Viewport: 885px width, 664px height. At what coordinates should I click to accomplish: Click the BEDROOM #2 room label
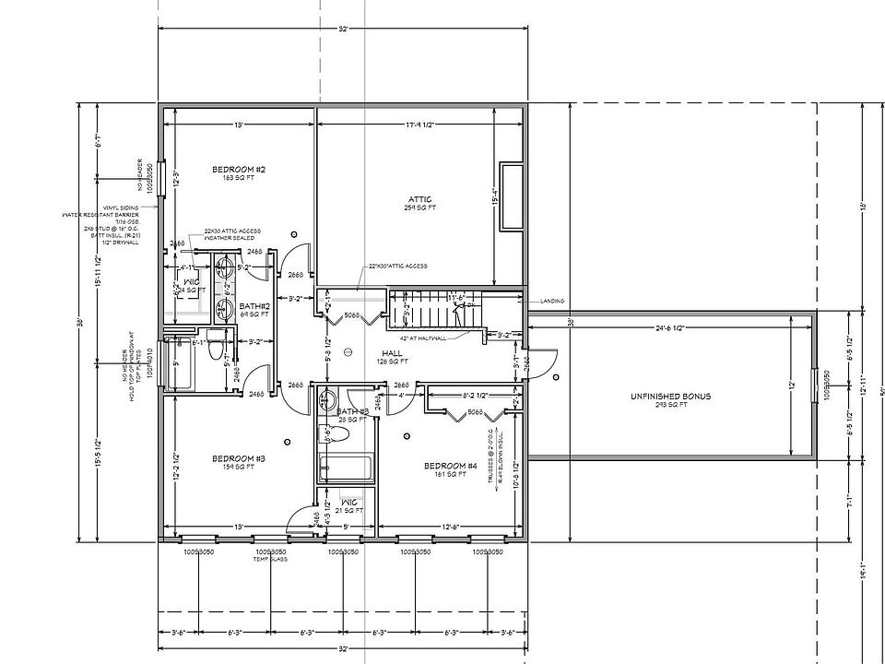(239, 170)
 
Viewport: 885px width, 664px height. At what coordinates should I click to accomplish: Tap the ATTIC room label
(419, 199)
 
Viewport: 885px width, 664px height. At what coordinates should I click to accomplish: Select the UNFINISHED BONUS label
(670, 397)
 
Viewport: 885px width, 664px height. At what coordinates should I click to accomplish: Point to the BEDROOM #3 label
(239, 458)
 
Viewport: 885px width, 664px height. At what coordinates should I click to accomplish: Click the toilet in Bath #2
(216, 350)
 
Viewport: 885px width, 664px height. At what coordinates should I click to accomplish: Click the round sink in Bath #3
(327, 398)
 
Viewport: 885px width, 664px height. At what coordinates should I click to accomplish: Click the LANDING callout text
(552, 301)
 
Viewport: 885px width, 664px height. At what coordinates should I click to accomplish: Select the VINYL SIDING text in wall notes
(121, 208)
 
